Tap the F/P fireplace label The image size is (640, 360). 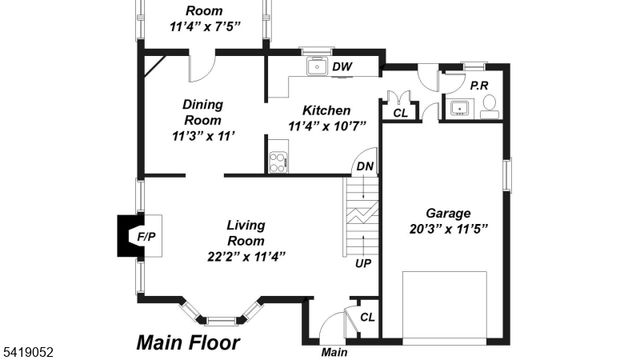pos(146,237)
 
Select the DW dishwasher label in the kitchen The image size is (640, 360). pos(342,67)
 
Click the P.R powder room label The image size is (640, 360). pos(479,86)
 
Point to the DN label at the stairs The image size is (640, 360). pos(365,168)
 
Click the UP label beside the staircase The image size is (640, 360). pos(365,263)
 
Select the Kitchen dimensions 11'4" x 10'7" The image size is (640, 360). pos(327,126)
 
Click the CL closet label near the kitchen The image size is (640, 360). pos(400,114)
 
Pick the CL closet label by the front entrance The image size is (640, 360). pos(367,317)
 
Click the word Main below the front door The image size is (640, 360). pos(334,352)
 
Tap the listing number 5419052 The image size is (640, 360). pos(27,352)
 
